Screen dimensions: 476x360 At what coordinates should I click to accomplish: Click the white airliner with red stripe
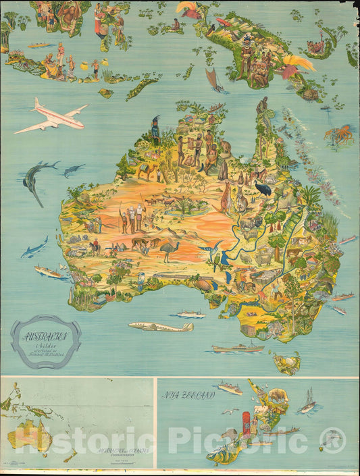click(x=53, y=116)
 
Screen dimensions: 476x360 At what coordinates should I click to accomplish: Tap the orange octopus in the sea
click(x=338, y=134)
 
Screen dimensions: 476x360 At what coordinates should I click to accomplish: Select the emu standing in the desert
click(x=168, y=250)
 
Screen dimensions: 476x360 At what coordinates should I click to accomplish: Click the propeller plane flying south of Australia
click(x=161, y=327)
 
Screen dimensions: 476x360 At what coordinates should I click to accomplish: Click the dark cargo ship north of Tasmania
click(x=237, y=348)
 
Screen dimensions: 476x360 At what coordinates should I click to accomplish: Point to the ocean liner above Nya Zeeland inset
click(x=229, y=388)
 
